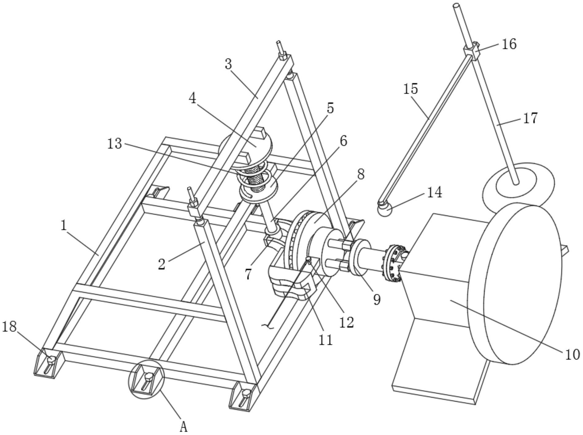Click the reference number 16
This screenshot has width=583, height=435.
[509, 44]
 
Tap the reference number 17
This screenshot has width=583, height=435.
[531, 118]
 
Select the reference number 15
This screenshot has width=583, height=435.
[411, 89]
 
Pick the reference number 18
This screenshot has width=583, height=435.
[9, 327]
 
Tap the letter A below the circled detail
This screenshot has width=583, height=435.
[183, 426]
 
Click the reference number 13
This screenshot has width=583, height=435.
[114, 144]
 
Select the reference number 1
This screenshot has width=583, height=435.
[64, 226]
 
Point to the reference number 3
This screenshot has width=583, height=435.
[228, 64]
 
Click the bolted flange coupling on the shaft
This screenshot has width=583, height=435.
[392, 262]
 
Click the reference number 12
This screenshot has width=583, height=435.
[346, 322]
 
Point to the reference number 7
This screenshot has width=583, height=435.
[248, 274]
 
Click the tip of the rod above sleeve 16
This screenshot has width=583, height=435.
[457, 5]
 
